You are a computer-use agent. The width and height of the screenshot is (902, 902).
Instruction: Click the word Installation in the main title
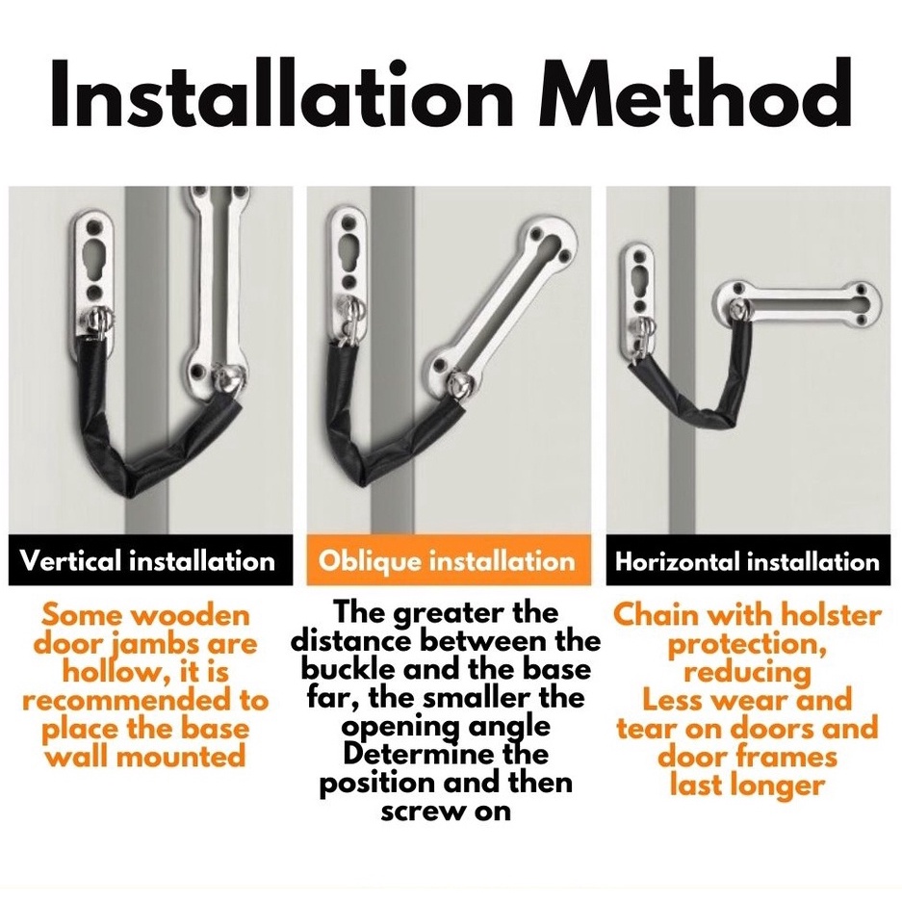click(x=282, y=92)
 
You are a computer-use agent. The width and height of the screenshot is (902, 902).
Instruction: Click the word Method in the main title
click(x=694, y=92)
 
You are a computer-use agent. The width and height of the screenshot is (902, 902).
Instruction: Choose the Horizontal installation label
click(x=748, y=560)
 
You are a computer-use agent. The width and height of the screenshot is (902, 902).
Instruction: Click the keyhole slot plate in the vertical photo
click(x=94, y=271)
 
